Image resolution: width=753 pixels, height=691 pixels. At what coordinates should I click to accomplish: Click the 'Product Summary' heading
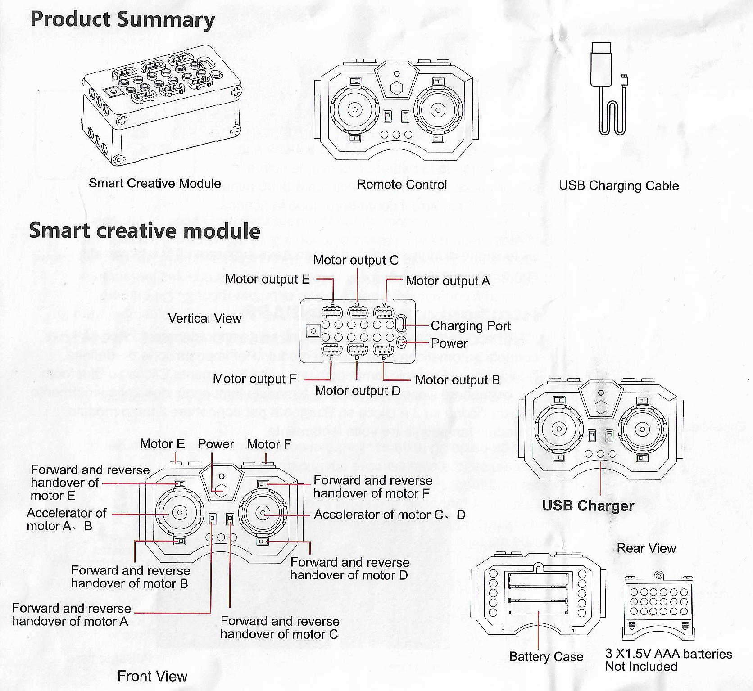coord(122,20)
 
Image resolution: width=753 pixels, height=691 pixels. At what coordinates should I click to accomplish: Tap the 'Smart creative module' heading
coord(145,230)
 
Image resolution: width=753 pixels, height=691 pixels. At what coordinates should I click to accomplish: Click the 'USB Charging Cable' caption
coord(619,185)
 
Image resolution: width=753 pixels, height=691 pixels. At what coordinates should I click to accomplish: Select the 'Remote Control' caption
coord(402,184)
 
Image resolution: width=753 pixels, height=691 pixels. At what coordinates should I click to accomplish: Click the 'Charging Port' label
coord(471,325)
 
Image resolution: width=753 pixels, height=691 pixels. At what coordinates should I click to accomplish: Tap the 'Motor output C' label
coord(356,260)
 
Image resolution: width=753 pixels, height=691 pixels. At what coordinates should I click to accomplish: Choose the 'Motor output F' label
coord(254,379)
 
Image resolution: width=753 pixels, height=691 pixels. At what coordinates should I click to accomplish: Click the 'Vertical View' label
coord(204,318)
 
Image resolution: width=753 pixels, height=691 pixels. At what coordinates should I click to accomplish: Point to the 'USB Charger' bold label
coord(588,506)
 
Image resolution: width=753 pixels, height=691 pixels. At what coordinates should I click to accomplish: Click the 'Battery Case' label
coord(546,656)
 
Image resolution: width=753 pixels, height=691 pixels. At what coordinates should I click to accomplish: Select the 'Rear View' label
coord(646,548)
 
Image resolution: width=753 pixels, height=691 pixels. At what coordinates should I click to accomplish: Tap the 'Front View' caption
coord(152,676)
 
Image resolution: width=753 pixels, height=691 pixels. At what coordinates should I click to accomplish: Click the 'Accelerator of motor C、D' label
coord(390,514)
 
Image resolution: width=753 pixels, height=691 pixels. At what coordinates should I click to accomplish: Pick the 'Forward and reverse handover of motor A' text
coord(71,614)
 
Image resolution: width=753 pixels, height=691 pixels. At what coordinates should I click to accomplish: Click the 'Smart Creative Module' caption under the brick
coord(154,183)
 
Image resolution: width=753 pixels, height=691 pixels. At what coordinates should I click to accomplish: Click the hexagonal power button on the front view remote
coord(220,490)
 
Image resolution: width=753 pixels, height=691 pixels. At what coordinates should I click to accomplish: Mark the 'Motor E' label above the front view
coord(162,443)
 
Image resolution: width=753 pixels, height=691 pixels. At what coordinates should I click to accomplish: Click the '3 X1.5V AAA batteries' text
coord(668,654)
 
